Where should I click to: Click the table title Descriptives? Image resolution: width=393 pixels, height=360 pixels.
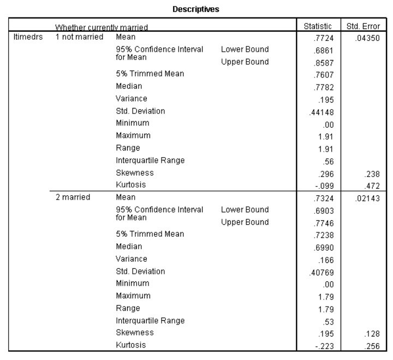pos(196,9)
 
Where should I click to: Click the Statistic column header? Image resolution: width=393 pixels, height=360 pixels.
pos(321,26)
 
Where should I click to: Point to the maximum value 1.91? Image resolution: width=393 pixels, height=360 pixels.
pos(327,136)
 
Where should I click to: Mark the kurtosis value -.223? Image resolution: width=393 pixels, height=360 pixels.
pos(326,345)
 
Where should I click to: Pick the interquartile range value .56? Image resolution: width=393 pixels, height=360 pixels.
pos(329,161)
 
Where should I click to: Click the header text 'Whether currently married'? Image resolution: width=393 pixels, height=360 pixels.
pos(101,27)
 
